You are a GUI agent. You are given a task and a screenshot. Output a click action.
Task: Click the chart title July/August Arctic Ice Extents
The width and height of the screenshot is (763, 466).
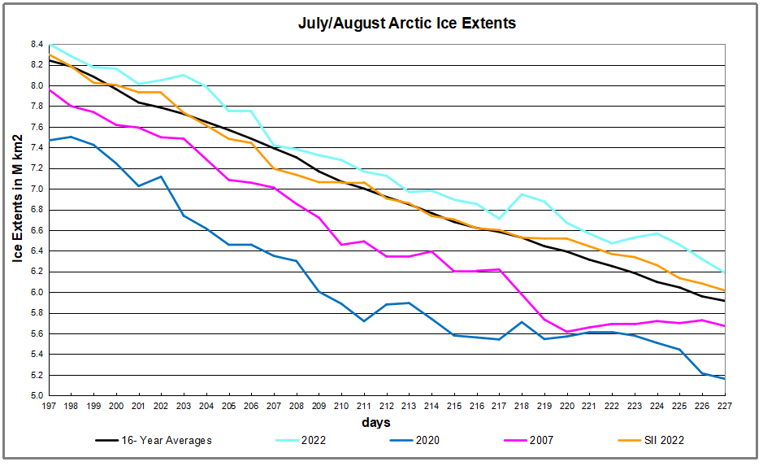click(x=406, y=23)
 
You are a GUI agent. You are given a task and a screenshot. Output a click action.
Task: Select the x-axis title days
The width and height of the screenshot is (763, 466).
click(x=375, y=422)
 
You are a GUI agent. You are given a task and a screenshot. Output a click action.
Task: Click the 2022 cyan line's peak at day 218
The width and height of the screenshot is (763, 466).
click(x=522, y=194)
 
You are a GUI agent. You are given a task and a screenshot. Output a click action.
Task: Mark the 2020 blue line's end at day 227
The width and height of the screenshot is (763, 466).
click(x=724, y=379)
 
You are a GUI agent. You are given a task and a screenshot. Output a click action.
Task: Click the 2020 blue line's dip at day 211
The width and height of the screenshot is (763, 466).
click(x=364, y=321)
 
